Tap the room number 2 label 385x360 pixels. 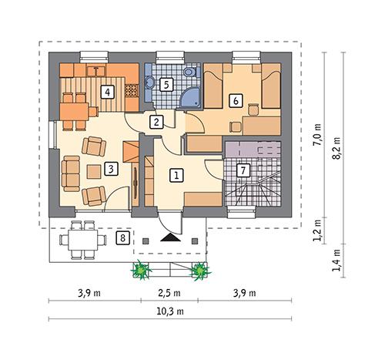coord(156,121)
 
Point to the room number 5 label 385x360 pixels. coord(165,85)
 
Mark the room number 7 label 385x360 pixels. coord(243,170)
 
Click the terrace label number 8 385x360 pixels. coord(122,237)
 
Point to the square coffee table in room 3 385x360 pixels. coord(93,171)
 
